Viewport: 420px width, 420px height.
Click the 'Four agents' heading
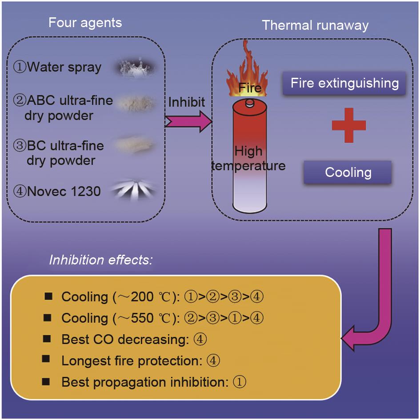[85, 22]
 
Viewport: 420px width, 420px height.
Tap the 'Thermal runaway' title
[315, 25]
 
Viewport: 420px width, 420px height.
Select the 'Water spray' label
[57, 68]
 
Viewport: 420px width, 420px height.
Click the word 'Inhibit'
[187, 102]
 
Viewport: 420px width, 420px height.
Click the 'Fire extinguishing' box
[344, 83]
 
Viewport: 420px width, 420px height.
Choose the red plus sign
[349, 125]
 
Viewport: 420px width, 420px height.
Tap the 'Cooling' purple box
[348, 172]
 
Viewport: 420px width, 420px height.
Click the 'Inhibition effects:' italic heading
[101, 260]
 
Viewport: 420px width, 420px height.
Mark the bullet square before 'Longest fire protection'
[47, 359]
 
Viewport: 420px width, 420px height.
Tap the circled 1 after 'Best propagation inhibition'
[240, 382]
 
